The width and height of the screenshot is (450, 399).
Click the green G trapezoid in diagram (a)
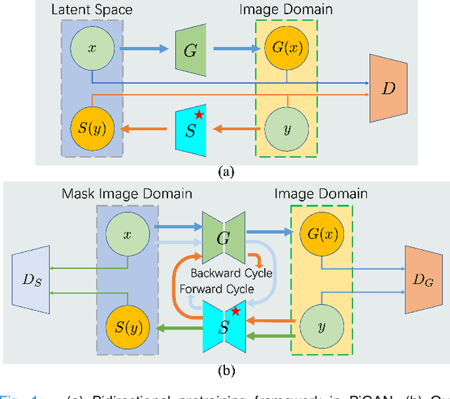click(191, 49)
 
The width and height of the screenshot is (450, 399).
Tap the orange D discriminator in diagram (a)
click(388, 89)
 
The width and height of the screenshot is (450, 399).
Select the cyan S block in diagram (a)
click(191, 129)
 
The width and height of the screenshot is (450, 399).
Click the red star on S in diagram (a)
click(199, 115)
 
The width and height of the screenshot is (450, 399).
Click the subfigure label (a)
click(225, 172)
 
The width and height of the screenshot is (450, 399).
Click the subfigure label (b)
click(225, 369)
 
